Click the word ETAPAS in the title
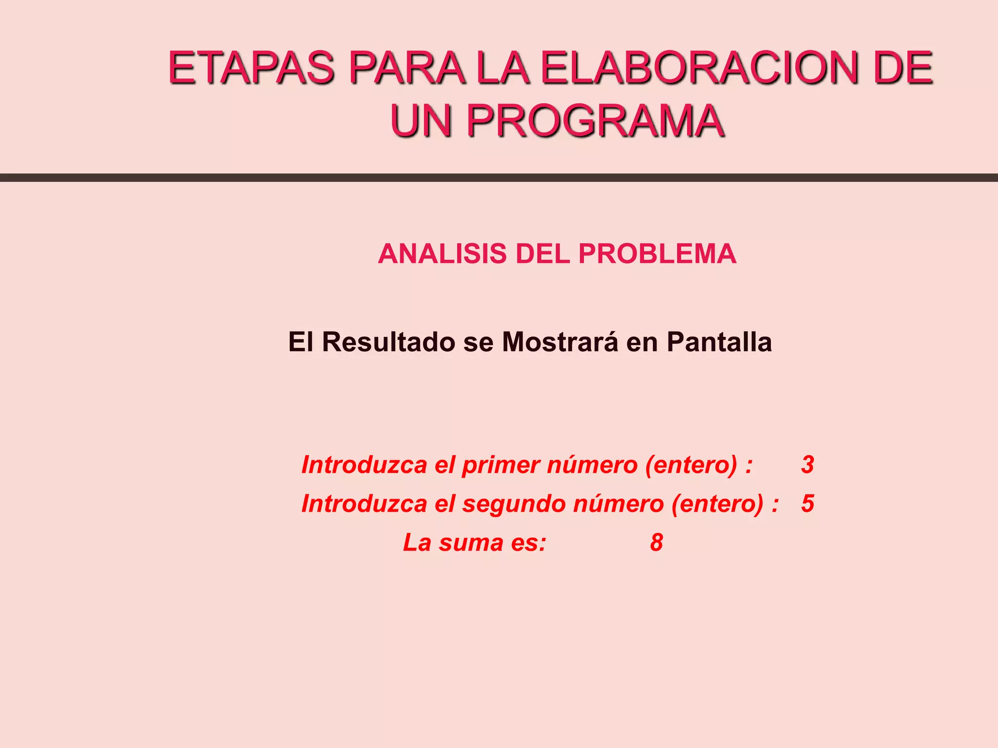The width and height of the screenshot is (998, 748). pos(251,68)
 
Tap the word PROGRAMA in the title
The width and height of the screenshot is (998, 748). pos(595,120)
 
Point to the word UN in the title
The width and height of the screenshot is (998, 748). pos(422,120)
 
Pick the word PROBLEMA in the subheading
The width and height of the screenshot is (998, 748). pos(657,254)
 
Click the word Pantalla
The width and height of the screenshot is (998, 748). pos(719,342)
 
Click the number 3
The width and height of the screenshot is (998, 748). pos(807,465)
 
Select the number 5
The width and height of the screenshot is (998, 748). pos(807,504)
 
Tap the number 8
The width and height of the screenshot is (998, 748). pos(656,542)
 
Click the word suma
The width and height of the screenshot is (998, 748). pos(471,543)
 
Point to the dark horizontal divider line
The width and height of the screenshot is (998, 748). pos(499,178)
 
